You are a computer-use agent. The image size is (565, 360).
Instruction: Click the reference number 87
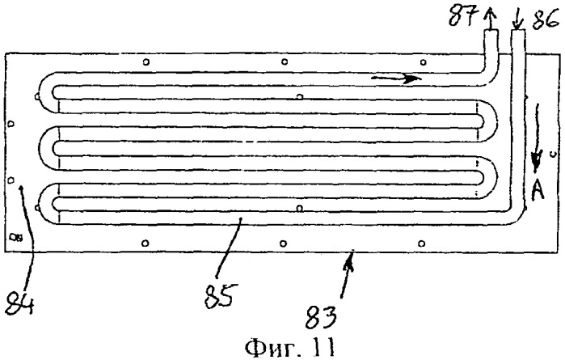tap(463, 15)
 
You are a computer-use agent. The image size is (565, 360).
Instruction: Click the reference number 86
tap(546, 19)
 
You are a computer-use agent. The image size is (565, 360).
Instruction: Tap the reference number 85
tap(221, 295)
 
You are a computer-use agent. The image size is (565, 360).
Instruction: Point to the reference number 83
tap(321, 317)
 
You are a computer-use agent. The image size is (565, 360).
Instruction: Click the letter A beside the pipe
tap(538, 189)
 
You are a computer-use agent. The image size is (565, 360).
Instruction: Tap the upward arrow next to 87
tap(490, 17)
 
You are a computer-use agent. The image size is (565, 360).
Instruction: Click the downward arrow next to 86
tap(517, 19)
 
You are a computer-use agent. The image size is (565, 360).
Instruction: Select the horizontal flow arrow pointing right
tap(396, 78)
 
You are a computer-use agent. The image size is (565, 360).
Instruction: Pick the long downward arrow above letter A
tap(537, 138)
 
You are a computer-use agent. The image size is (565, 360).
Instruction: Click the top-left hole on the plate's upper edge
tap(146, 62)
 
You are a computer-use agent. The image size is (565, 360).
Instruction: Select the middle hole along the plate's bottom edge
tap(283, 244)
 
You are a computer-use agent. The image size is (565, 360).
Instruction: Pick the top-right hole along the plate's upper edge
tap(424, 62)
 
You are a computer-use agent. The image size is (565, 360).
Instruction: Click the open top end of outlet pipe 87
tap(491, 30)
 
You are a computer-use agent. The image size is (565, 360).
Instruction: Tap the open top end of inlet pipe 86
tap(518, 30)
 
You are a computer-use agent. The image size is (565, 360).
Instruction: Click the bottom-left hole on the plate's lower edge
tap(145, 243)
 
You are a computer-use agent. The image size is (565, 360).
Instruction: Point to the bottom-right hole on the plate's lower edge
tap(421, 244)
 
